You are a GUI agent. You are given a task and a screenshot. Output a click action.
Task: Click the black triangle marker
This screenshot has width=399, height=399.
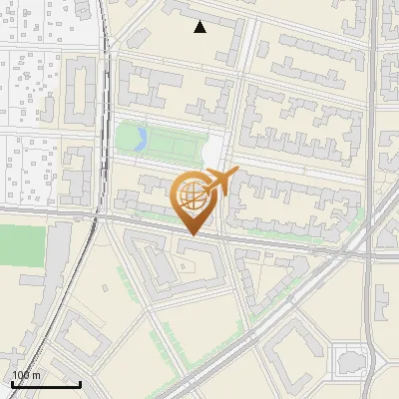[x=200, y=27]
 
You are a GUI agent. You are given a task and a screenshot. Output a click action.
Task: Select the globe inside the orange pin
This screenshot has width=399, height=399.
[x=194, y=196]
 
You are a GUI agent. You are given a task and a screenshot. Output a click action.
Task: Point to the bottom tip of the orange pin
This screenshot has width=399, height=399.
[x=194, y=235]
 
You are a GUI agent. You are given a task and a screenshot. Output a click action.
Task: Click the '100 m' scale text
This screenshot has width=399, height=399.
[x=27, y=375]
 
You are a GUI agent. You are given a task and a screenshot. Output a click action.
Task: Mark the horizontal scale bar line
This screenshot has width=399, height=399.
[x=46, y=383]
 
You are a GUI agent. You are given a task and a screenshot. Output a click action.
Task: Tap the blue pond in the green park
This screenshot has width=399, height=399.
[x=142, y=138]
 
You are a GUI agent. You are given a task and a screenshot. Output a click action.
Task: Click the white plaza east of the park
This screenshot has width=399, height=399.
[x=213, y=152]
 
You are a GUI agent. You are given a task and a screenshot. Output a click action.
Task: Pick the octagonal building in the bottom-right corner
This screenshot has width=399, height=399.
[x=352, y=359]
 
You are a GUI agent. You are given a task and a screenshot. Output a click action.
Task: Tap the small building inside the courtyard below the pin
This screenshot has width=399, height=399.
[x=188, y=267]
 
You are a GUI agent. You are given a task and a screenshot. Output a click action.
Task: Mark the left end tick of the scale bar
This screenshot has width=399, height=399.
[x=12, y=382]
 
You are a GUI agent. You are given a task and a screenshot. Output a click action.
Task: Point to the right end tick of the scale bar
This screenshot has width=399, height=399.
[x=80, y=382]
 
